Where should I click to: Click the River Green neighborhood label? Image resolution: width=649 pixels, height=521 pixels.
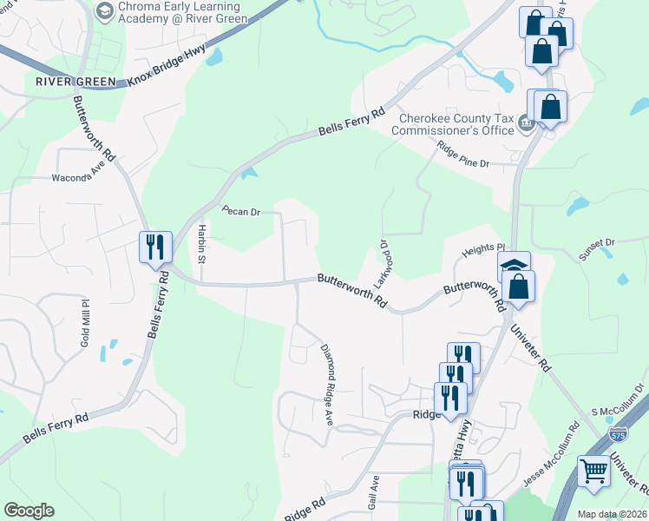pyautogui.click(x=76, y=82)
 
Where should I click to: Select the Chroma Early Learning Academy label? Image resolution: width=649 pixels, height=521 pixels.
pyautogui.click(x=184, y=12)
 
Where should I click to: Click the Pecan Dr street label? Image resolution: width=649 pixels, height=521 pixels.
pyautogui.click(x=240, y=211)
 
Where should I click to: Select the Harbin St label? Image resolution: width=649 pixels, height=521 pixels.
pyautogui.click(x=200, y=243)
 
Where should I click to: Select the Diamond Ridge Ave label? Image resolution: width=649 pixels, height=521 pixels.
pyautogui.click(x=329, y=385)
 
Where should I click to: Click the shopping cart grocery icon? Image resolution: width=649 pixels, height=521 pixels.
pyautogui.click(x=594, y=471)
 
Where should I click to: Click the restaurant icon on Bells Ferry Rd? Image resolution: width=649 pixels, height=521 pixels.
pyautogui.click(x=154, y=247)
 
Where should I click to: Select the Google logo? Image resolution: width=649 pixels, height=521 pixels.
pyautogui.click(x=29, y=511)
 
